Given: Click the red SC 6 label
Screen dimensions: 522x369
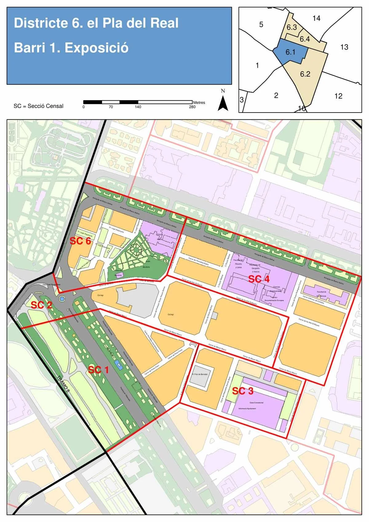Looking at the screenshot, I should click(80, 241).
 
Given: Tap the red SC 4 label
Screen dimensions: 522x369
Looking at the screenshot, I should click(259, 279).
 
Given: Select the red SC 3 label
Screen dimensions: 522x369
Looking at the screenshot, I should click(243, 391).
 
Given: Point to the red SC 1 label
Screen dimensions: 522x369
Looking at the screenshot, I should click(98, 370).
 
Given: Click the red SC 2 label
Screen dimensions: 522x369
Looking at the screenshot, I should click(42, 305).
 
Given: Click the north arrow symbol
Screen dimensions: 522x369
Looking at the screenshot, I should click(223, 103).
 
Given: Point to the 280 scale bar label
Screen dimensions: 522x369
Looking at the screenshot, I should click(192, 107).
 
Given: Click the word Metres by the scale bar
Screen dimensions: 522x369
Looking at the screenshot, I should click(199, 102).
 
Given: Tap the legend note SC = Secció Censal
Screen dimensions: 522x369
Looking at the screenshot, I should click(38, 106).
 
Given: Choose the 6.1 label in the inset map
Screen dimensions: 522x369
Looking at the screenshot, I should click(290, 52).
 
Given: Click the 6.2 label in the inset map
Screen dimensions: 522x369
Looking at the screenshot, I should click(305, 74).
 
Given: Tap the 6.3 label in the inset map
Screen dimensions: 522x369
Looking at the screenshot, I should click(292, 27).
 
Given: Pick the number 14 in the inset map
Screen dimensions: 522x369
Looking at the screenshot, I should click(316, 18).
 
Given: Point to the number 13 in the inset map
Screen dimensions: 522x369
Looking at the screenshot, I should click(344, 47).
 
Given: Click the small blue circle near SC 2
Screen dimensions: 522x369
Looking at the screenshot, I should click(62, 299).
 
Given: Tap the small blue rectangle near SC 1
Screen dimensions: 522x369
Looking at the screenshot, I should click(117, 365).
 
